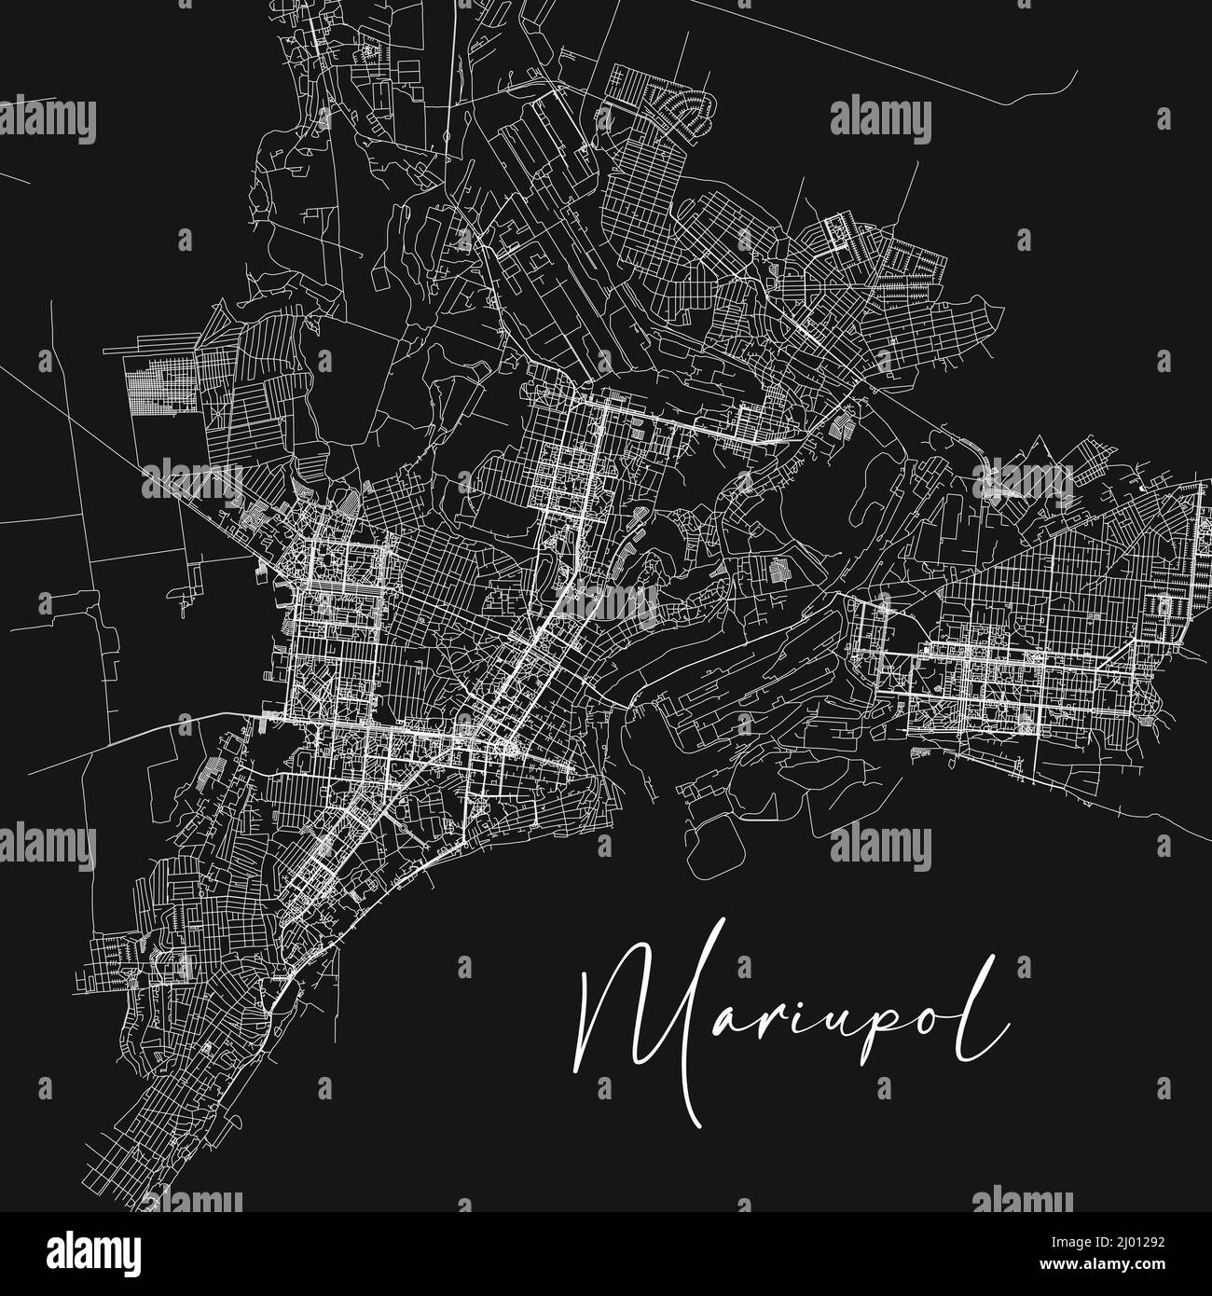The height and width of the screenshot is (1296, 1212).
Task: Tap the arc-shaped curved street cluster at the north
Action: (x=691, y=113)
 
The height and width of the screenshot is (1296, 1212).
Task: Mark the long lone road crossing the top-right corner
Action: (x=932, y=56)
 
